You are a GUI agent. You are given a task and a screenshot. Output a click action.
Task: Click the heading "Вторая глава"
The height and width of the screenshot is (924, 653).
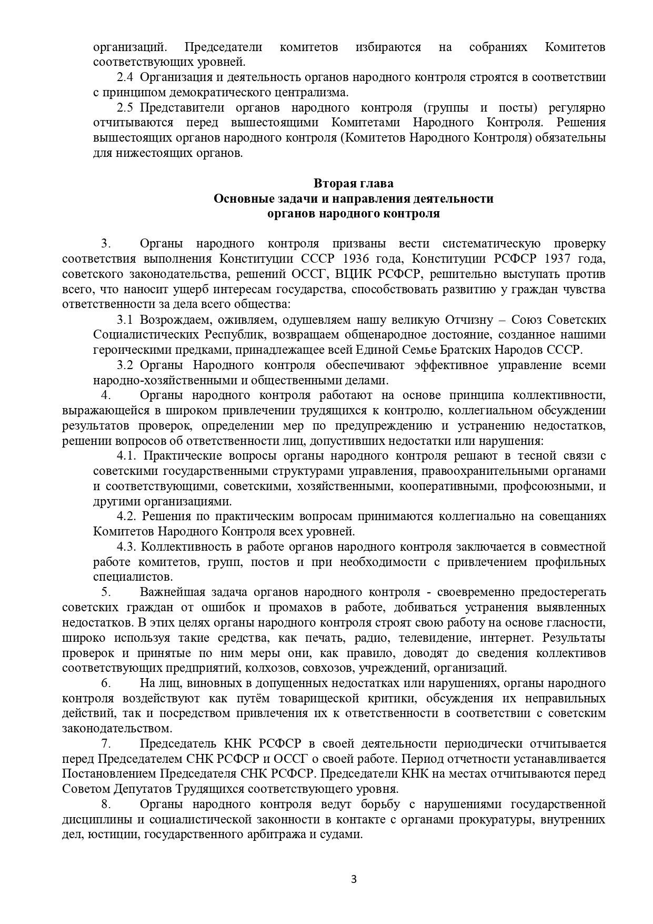pos(353,184)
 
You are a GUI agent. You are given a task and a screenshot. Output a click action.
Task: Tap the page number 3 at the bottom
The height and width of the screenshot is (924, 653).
pos(354,879)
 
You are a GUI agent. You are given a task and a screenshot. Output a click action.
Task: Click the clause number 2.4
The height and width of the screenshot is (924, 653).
pos(125,77)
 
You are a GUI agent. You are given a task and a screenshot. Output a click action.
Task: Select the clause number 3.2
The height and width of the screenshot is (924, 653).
pos(125,365)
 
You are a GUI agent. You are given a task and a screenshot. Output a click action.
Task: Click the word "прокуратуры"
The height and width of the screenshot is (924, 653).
pos(498,820)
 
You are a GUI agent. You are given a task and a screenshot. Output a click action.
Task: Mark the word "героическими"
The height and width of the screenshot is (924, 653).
pos(125,350)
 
